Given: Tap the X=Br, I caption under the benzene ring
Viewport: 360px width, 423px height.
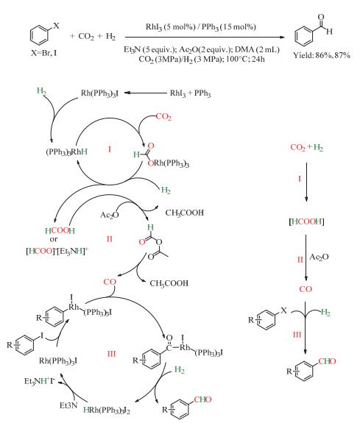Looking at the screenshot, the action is (x=43, y=53).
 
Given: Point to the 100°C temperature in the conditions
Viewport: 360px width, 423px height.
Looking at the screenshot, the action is (x=236, y=59).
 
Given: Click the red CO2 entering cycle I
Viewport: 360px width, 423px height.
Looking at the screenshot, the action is (x=163, y=117).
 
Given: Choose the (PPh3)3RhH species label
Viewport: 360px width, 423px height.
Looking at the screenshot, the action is (x=67, y=152).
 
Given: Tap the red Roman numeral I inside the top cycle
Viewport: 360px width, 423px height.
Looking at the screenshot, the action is (x=110, y=149).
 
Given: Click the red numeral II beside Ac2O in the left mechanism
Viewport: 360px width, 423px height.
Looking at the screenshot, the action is (x=110, y=239).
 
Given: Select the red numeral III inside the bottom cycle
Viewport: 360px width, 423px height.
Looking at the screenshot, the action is (x=111, y=354).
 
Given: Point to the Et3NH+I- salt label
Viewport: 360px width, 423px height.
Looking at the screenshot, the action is (x=40, y=381).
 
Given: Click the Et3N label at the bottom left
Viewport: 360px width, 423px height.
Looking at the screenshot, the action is (x=68, y=405).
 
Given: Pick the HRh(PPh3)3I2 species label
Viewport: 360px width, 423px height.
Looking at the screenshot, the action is (x=107, y=410).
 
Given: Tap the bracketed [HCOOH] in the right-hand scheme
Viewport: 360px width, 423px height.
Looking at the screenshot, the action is (x=306, y=221).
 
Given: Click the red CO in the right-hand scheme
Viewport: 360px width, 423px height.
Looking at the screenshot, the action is (x=306, y=289).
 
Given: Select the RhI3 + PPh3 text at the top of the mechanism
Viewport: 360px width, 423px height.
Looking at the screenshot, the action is (x=190, y=93).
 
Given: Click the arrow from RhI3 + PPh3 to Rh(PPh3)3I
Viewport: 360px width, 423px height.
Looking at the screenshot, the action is (x=146, y=93).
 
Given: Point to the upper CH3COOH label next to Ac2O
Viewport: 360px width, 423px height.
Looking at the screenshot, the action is (x=185, y=213).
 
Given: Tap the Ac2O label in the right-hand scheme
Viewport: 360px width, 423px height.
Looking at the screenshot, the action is (x=319, y=257).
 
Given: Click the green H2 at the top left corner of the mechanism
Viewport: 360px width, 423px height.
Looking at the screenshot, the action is (x=41, y=91).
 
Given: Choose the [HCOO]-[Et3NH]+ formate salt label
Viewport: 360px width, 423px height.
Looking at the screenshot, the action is (x=57, y=251).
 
